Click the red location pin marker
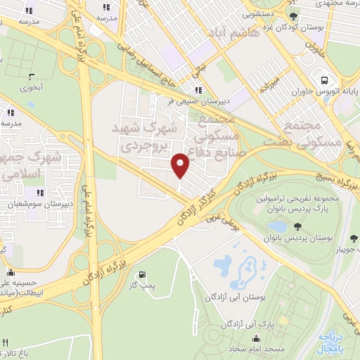[181, 165]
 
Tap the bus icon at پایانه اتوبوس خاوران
[324, 80]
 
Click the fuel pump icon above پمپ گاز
[143, 274]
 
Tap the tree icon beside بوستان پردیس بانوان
[298, 226]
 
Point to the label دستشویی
[259, 13]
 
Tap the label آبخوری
[31, 88]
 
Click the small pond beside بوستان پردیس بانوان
[278, 226]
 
